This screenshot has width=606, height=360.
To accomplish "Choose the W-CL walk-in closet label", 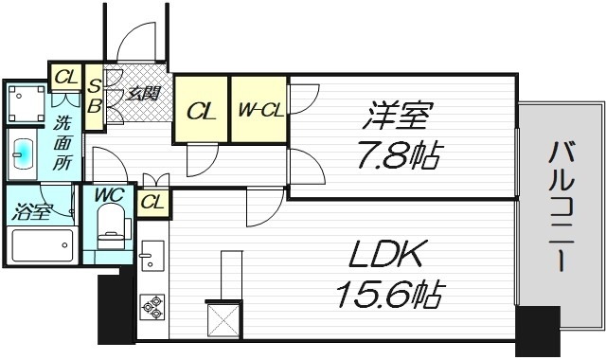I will click(x=258, y=111).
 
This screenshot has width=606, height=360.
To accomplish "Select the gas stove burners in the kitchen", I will click(x=151, y=306).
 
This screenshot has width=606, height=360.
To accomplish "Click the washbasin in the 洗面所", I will click(x=25, y=154).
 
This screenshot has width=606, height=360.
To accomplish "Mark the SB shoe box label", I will click(x=95, y=95).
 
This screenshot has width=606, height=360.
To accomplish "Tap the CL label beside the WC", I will click(x=152, y=201).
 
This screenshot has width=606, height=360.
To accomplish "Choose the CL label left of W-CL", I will click(x=200, y=111).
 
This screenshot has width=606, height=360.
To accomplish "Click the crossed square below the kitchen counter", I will click(x=223, y=318).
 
